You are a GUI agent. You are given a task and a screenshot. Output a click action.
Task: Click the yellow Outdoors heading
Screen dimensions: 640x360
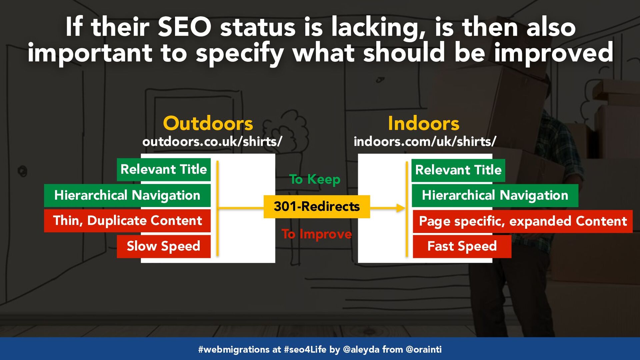pos(208,123)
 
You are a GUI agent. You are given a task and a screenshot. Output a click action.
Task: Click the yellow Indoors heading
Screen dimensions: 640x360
pos(424,123)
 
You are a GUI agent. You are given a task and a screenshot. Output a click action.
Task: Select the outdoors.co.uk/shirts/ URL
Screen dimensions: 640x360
pos(212,142)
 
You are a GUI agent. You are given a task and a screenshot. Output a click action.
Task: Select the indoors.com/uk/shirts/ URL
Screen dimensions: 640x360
pos(425,142)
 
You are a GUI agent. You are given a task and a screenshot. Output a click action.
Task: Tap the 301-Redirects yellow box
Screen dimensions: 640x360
pos(317,207)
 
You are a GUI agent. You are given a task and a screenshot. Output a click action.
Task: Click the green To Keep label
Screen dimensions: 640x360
pos(315,179)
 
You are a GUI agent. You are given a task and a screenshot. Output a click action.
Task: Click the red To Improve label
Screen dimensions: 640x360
pos(317,234)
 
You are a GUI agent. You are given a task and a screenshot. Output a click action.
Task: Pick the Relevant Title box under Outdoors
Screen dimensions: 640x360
pos(164,170)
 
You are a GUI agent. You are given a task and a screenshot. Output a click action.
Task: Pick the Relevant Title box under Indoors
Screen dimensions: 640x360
pos(458,170)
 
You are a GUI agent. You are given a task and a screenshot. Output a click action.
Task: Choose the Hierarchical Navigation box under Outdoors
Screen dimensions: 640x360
pos(127,195)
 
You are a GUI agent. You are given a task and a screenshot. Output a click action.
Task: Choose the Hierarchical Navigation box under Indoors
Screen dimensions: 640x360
pos(495,196)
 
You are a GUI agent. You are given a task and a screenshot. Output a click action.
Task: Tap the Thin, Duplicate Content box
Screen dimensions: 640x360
pos(127,221)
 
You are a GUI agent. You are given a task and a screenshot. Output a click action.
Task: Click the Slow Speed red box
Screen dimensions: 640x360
pos(164,246)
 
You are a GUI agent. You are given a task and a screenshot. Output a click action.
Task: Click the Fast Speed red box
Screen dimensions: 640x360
pos(462,247)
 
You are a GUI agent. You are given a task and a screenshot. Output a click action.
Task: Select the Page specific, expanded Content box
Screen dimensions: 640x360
pos(523,221)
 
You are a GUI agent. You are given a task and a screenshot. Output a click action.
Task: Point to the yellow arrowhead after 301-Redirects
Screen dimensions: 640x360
pos(401,208)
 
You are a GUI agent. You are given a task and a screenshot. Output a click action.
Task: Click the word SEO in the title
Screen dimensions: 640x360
pos(184,27)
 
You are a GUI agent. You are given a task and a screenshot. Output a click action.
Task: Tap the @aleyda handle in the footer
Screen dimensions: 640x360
pos(361,349)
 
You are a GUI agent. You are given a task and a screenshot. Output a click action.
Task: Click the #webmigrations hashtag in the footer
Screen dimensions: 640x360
pos(234,349)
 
